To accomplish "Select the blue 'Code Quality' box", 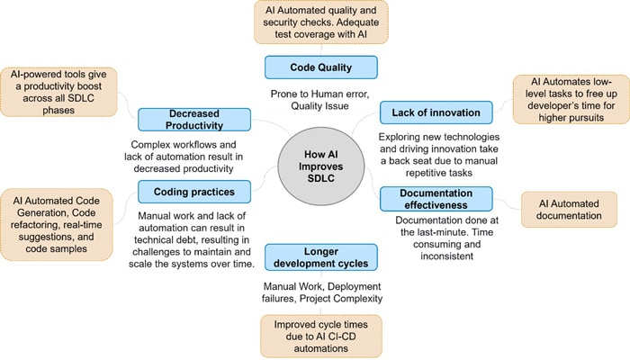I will pyautogui.click(x=308, y=67).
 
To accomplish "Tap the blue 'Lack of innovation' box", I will pyautogui.click(x=436, y=113).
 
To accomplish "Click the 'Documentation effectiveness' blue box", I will pyautogui.click(x=436, y=198).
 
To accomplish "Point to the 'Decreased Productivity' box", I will pyautogui.click(x=194, y=119).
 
